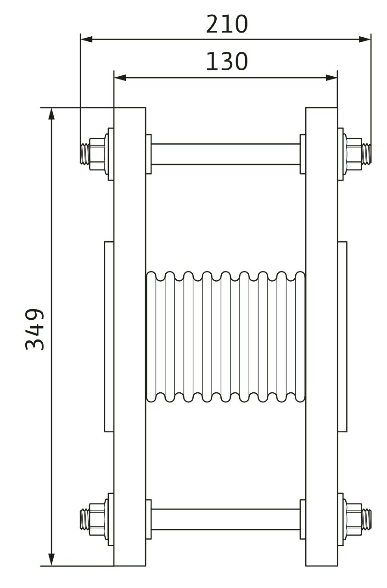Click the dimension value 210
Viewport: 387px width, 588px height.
coord(227,24)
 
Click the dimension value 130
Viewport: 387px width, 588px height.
coord(227,62)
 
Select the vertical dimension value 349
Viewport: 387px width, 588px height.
coord(34,329)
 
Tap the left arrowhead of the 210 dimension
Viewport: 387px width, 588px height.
coord(87,40)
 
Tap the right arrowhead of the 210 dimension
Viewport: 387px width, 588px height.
coord(365,40)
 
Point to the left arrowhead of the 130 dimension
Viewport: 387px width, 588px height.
coord(120,78)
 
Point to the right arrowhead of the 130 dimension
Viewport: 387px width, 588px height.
coord(331,78)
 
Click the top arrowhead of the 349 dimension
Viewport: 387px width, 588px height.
coord(52,113)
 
